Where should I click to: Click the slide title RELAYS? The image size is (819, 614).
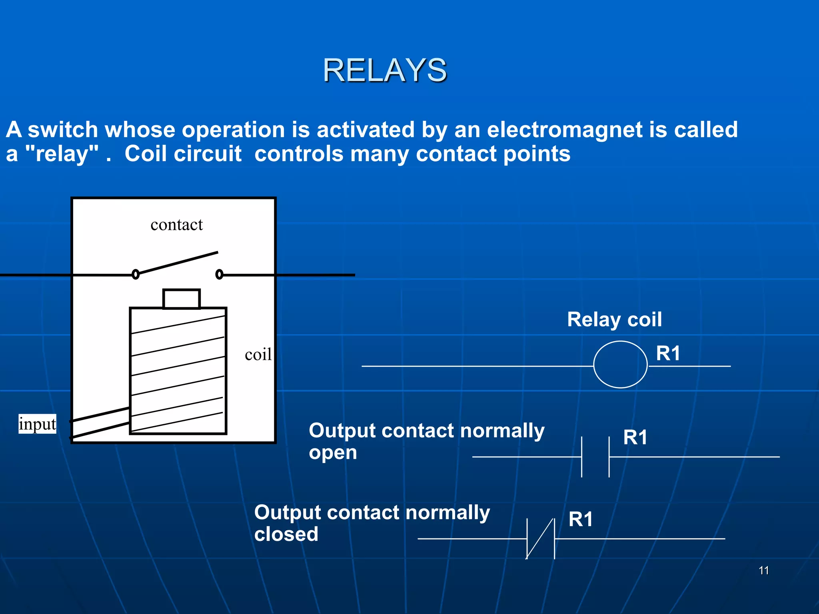tap(385, 70)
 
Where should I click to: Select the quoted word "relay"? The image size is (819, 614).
tap(62, 154)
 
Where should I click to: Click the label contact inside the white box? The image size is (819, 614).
tap(176, 225)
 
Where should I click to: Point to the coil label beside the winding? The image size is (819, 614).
tap(258, 355)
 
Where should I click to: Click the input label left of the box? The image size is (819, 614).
tap(37, 424)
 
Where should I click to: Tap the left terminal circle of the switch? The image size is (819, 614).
tap(136, 274)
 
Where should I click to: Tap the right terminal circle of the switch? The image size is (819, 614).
tap(219, 274)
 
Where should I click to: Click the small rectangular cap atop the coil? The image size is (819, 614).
tap(181, 299)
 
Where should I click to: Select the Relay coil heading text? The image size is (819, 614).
tap(614, 320)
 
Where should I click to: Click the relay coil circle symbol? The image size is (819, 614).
tap(620, 365)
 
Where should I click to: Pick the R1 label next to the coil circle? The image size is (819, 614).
tap(668, 354)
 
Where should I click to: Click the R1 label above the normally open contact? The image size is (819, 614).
tap(635, 437)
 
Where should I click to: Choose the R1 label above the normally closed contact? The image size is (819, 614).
tap(580, 520)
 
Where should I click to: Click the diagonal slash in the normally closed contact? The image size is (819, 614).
tap(540, 539)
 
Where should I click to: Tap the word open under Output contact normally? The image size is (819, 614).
tap(333, 453)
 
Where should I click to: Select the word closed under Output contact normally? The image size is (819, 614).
tap(286, 534)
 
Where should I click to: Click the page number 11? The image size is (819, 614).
tap(763, 570)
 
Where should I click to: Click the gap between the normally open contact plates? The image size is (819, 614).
tap(595, 457)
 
